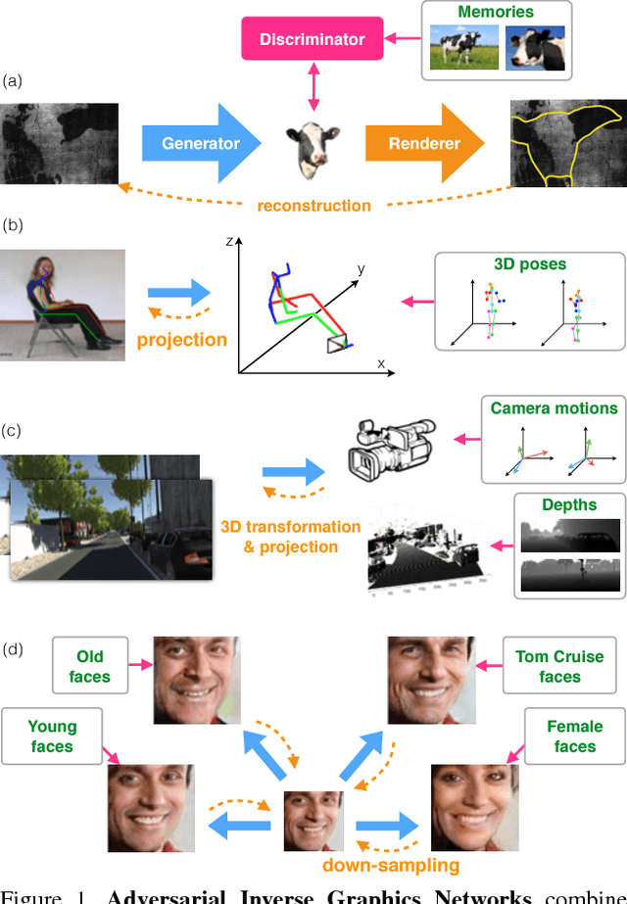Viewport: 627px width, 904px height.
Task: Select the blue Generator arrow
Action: (200, 143)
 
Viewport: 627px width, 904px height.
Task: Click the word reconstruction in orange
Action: (313, 206)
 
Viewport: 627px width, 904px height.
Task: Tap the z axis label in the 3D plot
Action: (226, 239)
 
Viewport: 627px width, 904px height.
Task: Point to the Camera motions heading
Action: (555, 407)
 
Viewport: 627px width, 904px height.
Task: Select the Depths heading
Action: (569, 505)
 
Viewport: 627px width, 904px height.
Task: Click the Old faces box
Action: (89, 666)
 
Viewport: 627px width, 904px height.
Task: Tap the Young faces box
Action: (52, 737)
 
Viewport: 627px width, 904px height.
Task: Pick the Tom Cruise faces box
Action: (559, 666)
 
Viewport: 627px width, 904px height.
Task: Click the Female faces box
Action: (574, 737)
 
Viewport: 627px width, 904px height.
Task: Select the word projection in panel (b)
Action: (182, 340)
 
